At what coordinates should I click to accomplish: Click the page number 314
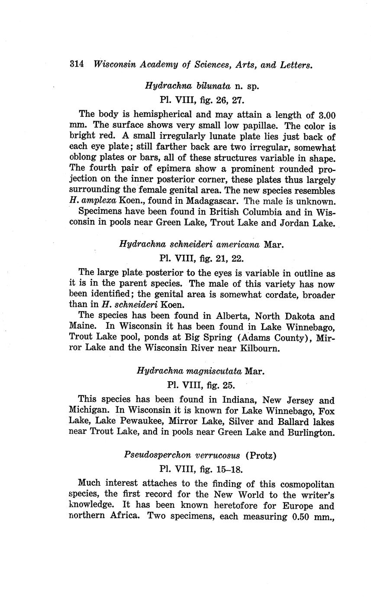(x=76, y=64)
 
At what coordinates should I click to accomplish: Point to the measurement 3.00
(x=326, y=116)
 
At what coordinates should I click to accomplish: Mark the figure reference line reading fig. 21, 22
(x=202, y=259)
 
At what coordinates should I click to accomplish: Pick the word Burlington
(x=311, y=432)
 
